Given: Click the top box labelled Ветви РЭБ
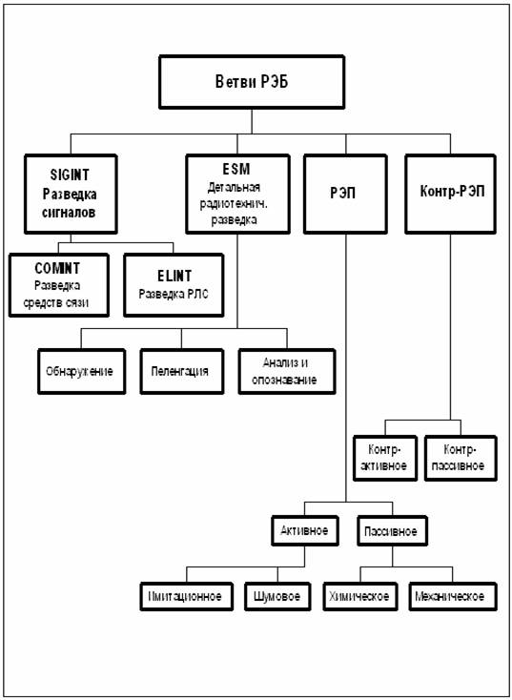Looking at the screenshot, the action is tap(252, 82).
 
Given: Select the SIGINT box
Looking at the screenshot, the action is tap(71, 194).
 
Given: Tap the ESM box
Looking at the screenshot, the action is tap(237, 194).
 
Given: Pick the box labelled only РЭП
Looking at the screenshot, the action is tap(345, 194).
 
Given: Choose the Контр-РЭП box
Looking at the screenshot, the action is tap(450, 194).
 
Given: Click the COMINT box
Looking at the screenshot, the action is tap(59, 285).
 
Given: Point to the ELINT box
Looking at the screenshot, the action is tap(174, 285).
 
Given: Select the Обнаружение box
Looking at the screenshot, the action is tap(81, 371).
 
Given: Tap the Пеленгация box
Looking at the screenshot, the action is tap(182, 371).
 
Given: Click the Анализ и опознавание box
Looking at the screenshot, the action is tap(287, 371).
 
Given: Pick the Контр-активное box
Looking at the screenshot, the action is tap(385, 458).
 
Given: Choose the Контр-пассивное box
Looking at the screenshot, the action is tap(461, 458).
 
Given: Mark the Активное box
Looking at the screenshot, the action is tap(305, 531).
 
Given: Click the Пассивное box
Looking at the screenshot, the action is tap(392, 531).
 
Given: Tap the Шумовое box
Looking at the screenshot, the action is tap(277, 596).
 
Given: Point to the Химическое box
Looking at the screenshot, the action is tap(360, 596).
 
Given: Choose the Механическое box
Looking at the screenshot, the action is tap(453, 596).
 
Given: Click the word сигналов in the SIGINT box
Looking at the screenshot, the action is tap(70, 213).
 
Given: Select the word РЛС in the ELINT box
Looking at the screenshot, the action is tap(196, 295).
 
